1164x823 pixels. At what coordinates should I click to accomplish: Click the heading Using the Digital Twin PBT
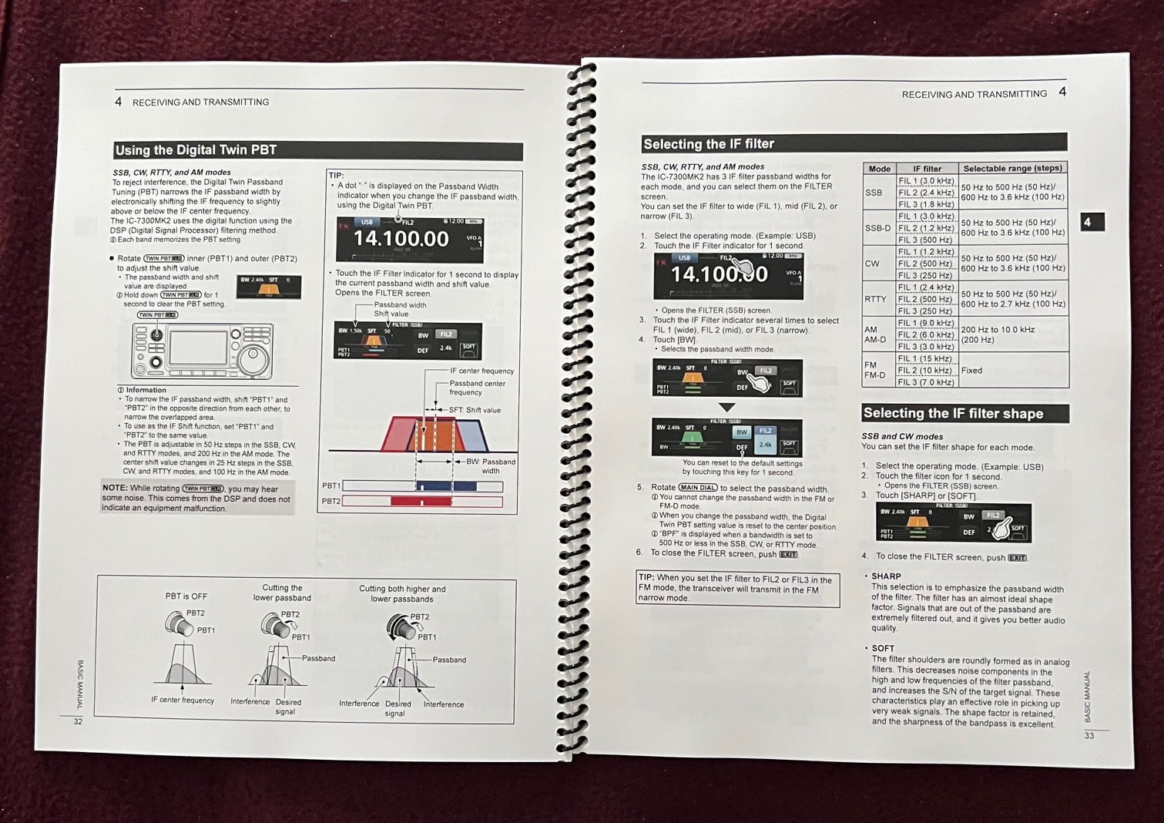click(x=196, y=150)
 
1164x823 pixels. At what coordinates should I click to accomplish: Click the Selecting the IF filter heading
click(x=709, y=144)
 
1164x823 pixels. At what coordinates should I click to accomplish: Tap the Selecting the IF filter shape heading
click(x=953, y=414)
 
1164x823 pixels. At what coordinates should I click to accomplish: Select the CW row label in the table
click(x=872, y=264)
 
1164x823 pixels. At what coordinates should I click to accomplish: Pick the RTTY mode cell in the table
click(x=875, y=299)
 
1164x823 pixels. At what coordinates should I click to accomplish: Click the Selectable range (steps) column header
click(x=1012, y=168)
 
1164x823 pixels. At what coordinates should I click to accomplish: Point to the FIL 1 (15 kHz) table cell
click(x=925, y=358)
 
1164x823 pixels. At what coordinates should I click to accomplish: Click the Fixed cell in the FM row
click(x=972, y=371)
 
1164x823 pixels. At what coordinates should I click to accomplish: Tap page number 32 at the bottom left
click(x=78, y=722)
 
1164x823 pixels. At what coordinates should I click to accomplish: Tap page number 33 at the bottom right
click(x=1089, y=736)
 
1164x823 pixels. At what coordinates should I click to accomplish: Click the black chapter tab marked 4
click(x=1091, y=222)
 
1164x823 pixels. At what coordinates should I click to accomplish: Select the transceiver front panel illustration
click(x=203, y=351)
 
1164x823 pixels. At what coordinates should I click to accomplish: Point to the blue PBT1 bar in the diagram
click(x=446, y=486)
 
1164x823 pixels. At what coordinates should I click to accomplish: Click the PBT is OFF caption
click(x=186, y=596)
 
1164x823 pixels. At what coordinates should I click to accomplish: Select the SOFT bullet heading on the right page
click(x=883, y=649)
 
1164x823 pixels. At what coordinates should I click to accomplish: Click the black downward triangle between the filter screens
click(x=726, y=407)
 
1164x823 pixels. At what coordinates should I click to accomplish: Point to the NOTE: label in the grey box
click(x=115, y=489)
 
